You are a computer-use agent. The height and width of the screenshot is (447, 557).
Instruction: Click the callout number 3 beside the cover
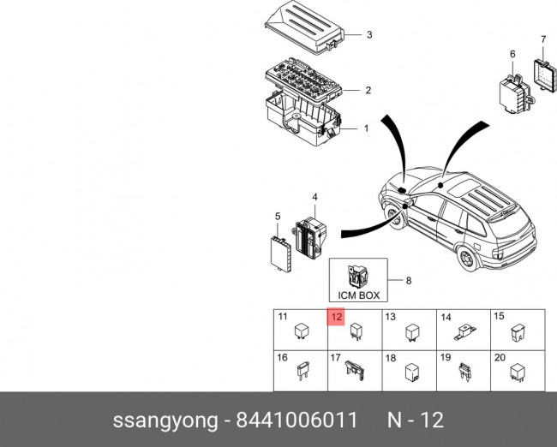pos(368,35)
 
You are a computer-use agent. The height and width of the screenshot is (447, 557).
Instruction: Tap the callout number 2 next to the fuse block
pos(368,90)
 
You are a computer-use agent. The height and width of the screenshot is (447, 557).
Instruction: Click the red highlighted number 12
pos(336,317)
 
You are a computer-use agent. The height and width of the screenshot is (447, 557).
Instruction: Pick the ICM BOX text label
pos(358,295)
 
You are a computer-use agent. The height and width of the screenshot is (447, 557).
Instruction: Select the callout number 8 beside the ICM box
pos(409,280)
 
